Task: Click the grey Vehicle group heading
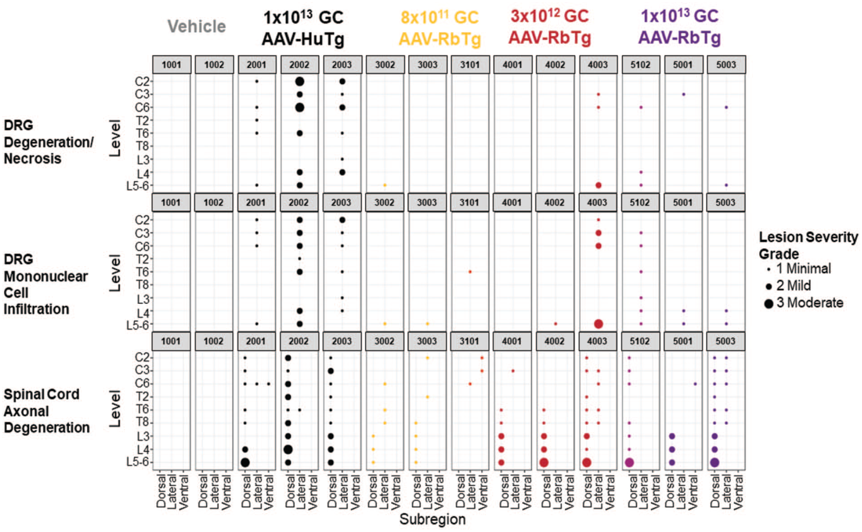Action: [x=197, y=26]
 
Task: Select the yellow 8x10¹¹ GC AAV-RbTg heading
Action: [x=440, y=28]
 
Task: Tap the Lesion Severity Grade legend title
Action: [x=808, y=245]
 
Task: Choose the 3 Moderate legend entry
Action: [x=804, y=303]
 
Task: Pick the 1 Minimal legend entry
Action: [x=799, y=269]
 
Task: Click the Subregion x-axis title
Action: [x=432, y=519]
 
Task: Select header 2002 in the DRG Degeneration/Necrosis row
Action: [x=299, y=65]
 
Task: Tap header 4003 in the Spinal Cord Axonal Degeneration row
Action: [x=597, y=341]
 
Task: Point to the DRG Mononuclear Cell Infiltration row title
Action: [x=46, y=284]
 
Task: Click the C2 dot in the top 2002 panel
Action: [x=299, y=81]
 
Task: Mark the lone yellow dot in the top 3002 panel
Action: [x=385, y=185]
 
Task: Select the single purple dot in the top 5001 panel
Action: [x=684, y=95]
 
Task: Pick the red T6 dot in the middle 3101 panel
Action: [x=470, y=272]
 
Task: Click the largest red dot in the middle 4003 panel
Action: [x=598, y=324]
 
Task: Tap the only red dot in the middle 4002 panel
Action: [x=556, y=324]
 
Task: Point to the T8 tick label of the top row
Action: [x=142, y=146]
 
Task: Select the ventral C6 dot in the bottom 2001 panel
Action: [x=268, y=384]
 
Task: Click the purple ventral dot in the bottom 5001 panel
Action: [x=695, y=384]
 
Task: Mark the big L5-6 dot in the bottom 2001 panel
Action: [x=245, y=462]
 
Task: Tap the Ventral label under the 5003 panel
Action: [x=738, y=492]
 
